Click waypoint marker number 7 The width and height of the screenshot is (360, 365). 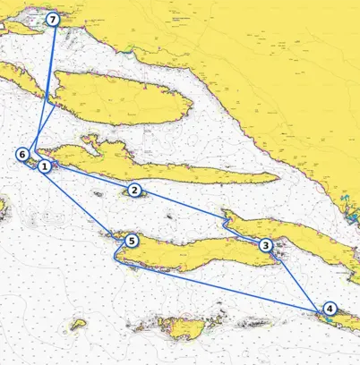[x=53, y=19]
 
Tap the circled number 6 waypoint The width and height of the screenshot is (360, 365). [x=22, y=154]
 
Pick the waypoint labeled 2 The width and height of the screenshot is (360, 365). [x=133, y=190]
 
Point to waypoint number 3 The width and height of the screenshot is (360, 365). [x=265, y=245]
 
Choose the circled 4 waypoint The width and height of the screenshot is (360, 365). [x=330, y=309]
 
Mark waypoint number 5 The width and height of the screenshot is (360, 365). [x=132, y=241]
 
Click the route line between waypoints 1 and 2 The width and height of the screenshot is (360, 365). [x=90, y=178]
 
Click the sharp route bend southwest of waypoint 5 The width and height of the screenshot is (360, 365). [x=115, y=260]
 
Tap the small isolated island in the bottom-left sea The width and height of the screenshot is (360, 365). [x=78, y=324]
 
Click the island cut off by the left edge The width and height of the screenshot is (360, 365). [x=3, y=216]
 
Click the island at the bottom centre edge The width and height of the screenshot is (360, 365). [x=187, y=330]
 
